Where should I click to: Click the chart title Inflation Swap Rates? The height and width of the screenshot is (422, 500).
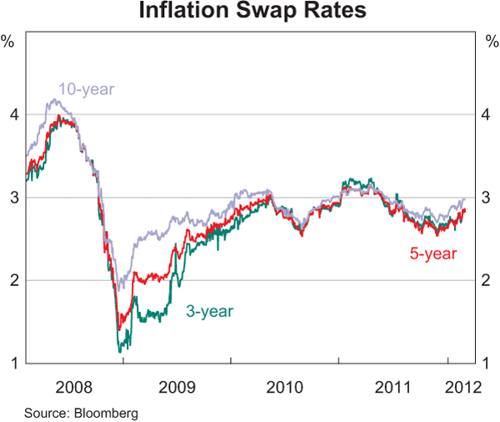pos(250,13)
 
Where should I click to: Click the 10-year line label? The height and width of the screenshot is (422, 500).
pos(86,88)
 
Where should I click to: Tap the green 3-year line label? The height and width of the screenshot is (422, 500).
pos(209,311)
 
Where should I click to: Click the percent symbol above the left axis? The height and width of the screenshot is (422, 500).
pos(8,40)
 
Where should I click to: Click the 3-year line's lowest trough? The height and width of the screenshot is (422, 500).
pos(121,352)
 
